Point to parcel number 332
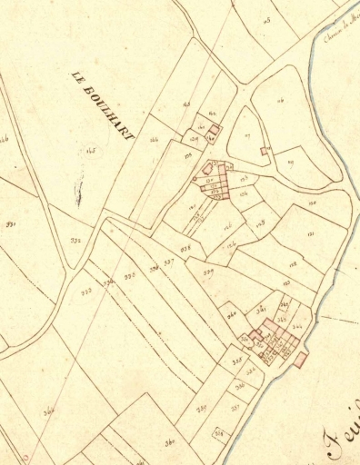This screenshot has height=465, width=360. click(75, 241)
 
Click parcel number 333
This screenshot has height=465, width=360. click(87, 291)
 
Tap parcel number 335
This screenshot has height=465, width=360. click(130, 274)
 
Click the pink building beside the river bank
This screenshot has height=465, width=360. click(301, 361)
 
